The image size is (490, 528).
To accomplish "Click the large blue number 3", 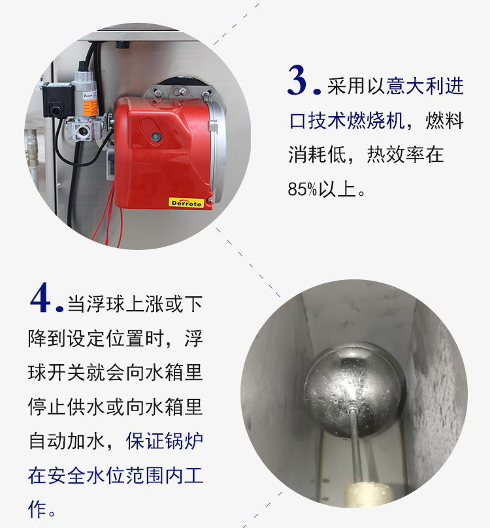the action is click(297, 80).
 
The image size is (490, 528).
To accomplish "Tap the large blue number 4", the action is click(41, 298).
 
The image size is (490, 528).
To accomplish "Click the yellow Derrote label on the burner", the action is click(186, 203).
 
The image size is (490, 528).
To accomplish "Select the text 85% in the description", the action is click(302, 189).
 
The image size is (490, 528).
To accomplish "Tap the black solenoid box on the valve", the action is click(57, 100).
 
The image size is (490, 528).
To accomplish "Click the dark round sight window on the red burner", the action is click(155, 136).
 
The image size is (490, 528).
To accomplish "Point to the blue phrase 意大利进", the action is click(425, 86).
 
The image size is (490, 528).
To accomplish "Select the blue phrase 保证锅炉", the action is click(165, 441).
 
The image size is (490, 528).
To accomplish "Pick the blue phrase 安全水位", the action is click(86, 475).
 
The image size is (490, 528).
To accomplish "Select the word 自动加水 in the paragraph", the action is click(67, 441).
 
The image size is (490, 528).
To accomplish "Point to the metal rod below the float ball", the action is click(355, 444).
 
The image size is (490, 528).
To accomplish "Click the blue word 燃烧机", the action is click(376, 120).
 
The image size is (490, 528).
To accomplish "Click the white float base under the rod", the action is click(368, 494).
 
